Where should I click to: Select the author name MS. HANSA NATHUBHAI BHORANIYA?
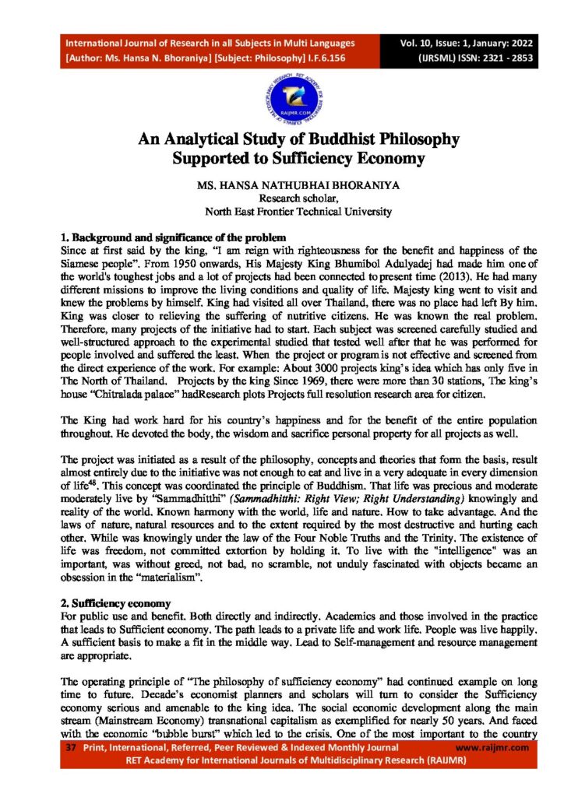click(282, 187)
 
